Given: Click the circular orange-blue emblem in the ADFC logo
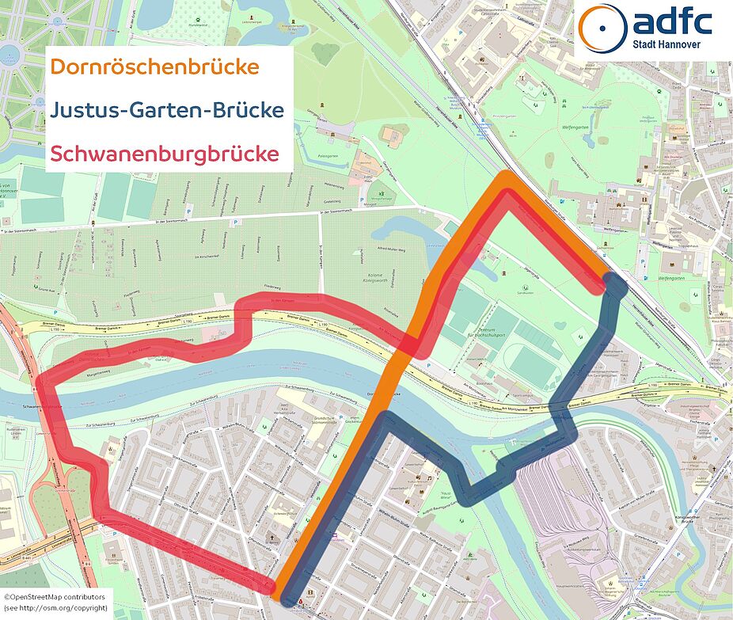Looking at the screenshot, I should [x=602, y=29].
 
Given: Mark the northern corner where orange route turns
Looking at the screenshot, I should [x=504, y=179].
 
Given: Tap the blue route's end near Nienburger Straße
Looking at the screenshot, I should [x=614, y=283].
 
